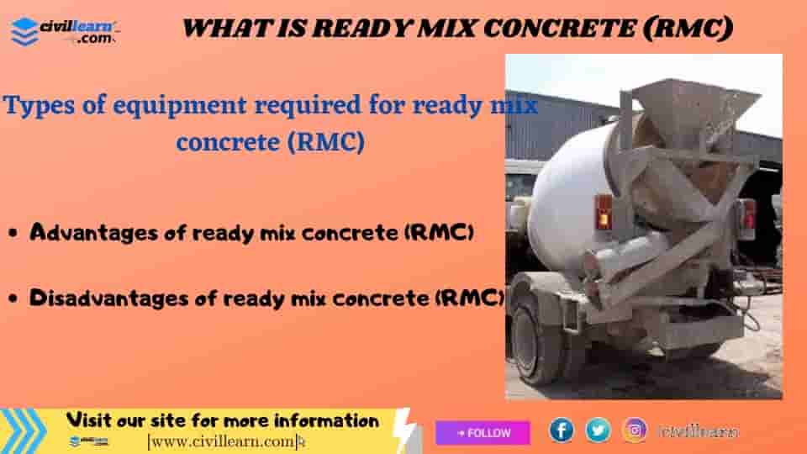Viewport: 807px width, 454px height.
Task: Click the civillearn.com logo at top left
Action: click(66, 31)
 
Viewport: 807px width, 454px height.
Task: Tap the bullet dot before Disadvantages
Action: click(14, 298)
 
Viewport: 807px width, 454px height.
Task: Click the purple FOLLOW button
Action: click(483, 433)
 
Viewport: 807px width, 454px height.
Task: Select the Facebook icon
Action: click(561, 430)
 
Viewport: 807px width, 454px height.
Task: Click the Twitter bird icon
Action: click(598, 430)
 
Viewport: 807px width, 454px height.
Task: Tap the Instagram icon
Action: click(635, 430)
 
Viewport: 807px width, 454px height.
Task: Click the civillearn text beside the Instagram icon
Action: click(699, 431)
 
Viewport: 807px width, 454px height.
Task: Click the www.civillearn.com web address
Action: click(224, 441)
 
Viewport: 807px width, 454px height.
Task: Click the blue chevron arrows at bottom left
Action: click(24, 430)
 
